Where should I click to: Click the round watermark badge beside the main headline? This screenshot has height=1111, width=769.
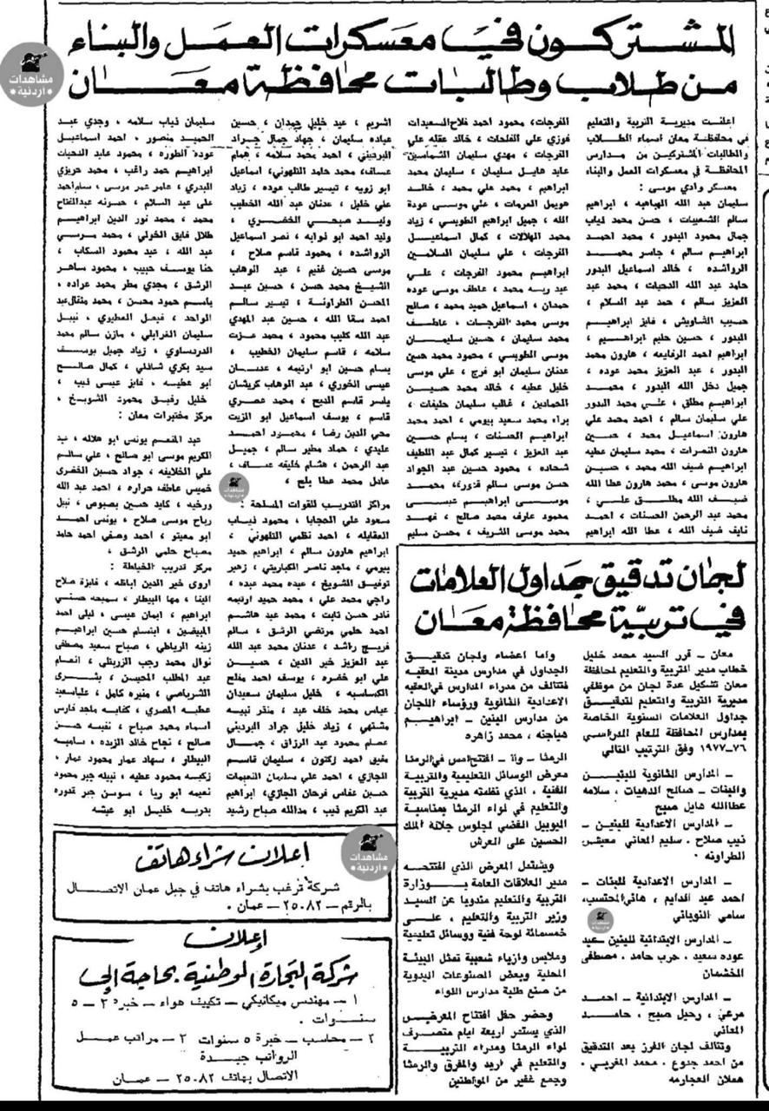(x=31, y=74)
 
